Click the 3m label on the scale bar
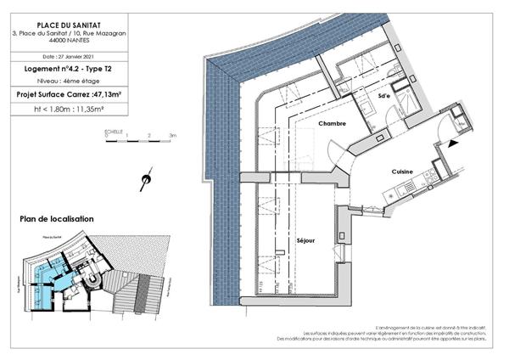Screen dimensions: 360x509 [x=172, y=136]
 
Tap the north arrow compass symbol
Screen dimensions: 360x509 [x=146, y=179]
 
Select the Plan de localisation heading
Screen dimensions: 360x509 [x=57, y=219]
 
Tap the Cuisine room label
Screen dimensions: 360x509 [x=402, y=172]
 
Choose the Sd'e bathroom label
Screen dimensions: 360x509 [x=384, y=96]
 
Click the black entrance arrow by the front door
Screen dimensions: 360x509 [x=449, y=145]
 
